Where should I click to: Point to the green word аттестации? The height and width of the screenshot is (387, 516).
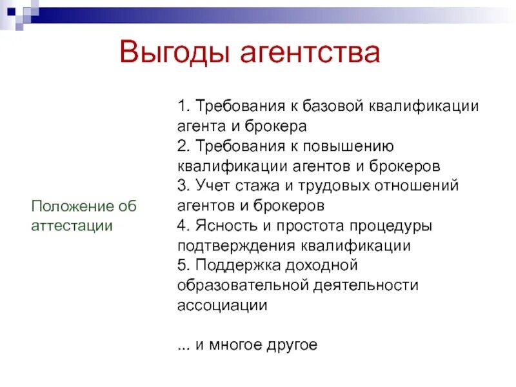(72, 226)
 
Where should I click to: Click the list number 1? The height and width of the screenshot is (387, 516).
(181, 105)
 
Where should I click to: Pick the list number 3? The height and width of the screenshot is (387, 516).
(181, 186)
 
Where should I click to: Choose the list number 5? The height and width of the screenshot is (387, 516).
(181, 265)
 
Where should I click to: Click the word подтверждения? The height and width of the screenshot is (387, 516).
(235, 246)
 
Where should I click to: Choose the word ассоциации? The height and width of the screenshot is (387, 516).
(222, 305)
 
